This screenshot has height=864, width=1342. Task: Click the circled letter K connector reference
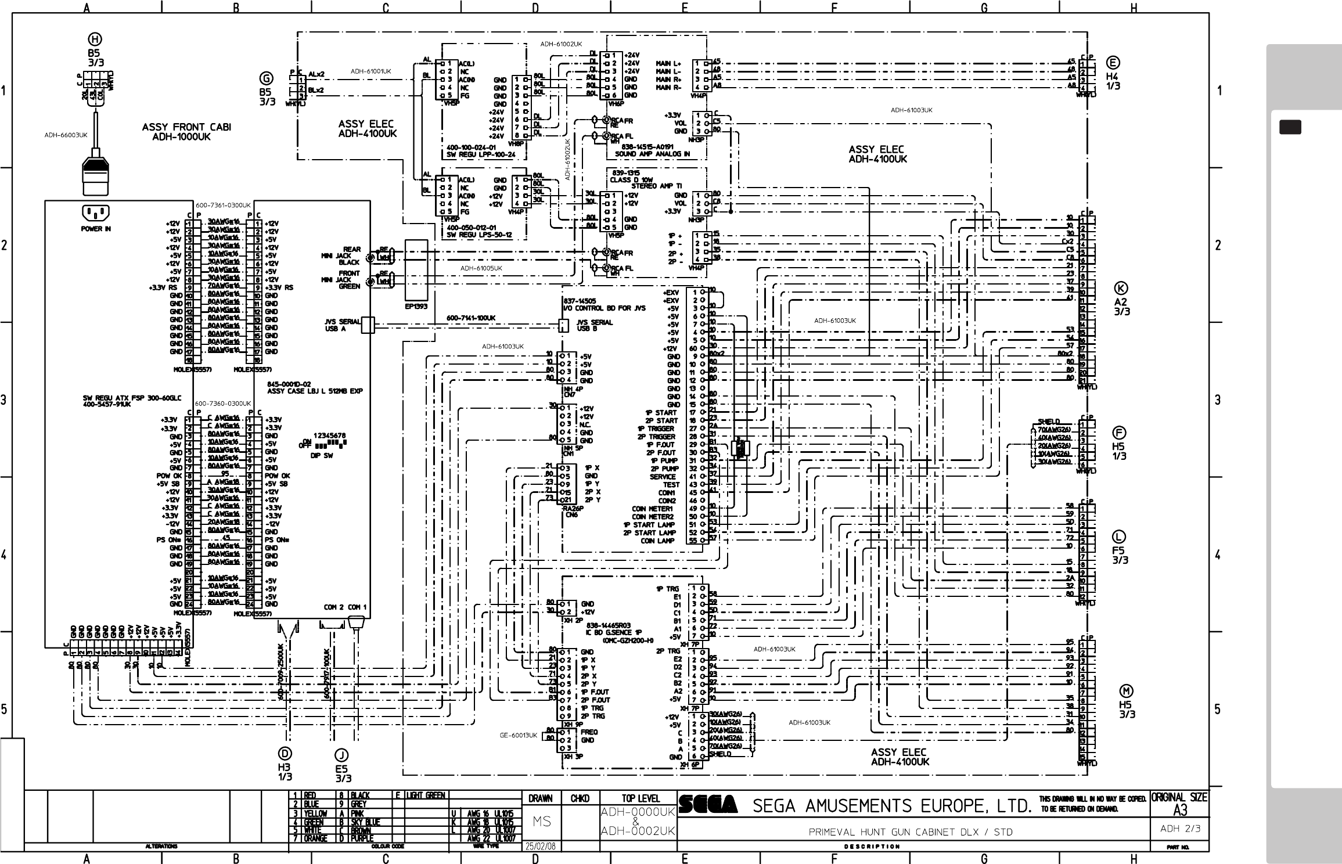click(x=1121, y=288)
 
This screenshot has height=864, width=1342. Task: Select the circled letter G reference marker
click(x=266, y=78)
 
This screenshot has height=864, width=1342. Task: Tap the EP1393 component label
click(x=416, y=306)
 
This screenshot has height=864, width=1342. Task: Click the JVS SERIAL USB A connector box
click(x=367, y=325)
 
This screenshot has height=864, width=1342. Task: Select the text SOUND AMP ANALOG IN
click(x=652, y=154)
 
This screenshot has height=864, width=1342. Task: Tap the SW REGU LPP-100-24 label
click(x=481, y=155)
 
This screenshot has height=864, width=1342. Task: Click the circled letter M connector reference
click(x=1127, y=690)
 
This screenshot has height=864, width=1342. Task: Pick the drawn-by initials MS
click(x=541, y=822)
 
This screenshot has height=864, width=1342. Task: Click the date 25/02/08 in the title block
click(x=540, y=846)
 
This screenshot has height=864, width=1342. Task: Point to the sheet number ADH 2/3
click(x=1176, y=829)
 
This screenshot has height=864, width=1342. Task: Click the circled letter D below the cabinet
click(x=285, y=753)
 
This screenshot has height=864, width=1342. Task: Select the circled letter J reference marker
click(x=341, y=754)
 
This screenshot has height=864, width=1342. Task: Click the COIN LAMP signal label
click(x=659, y=541)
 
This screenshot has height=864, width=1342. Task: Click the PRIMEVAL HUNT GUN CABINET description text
click(x=910, y=831)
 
